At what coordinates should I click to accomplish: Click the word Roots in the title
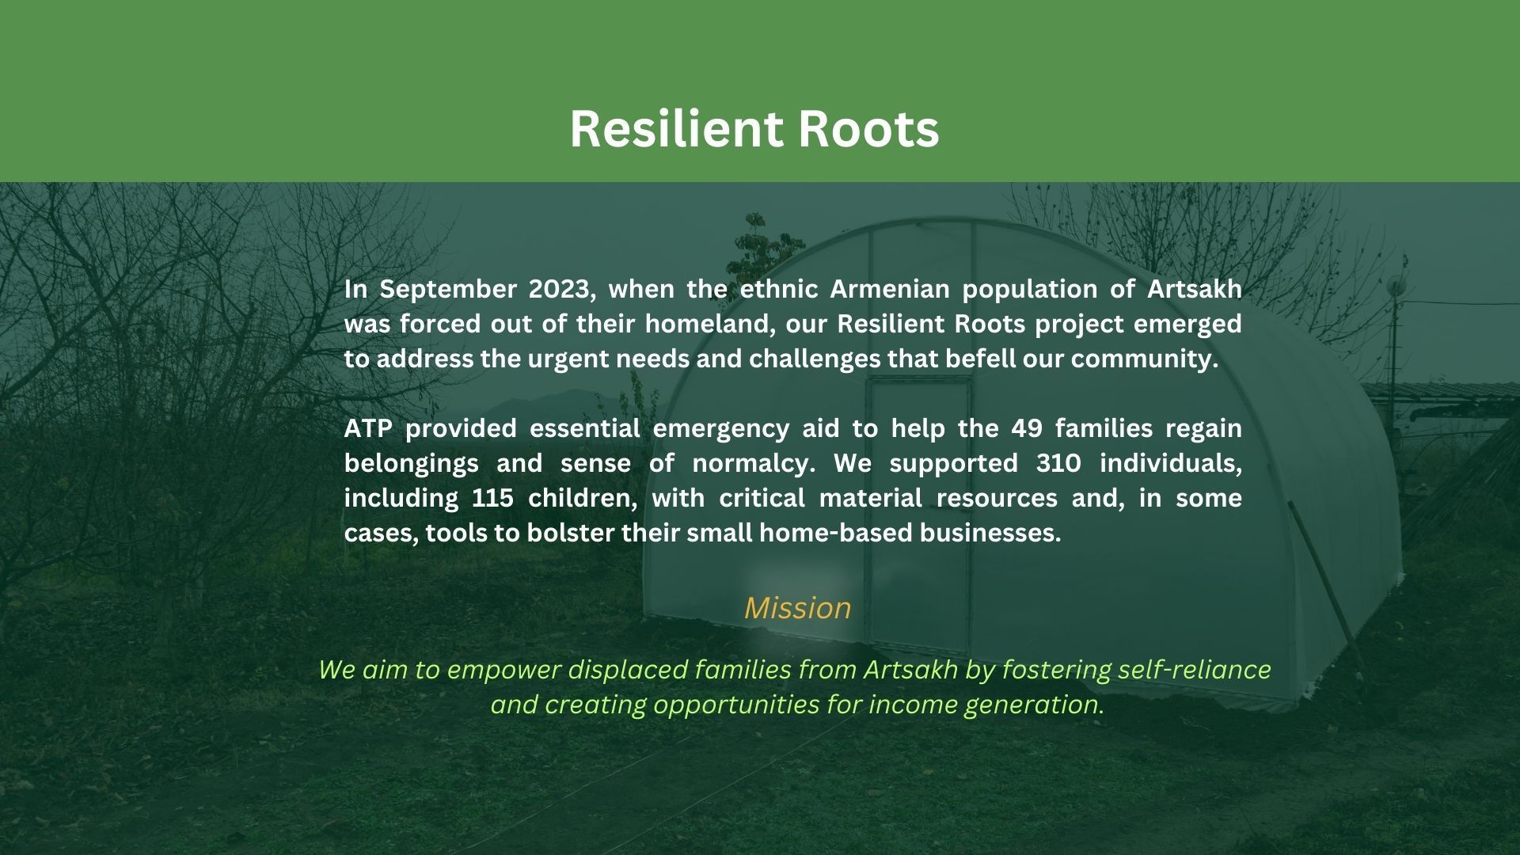coord(868,128)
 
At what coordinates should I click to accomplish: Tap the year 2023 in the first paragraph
coord(561,290)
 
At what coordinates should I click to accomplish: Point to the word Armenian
coord(889,289)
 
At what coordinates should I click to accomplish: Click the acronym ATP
coord(368,428)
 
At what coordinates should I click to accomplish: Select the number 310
coord(1058,463)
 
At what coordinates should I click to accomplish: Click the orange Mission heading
coord(798,607)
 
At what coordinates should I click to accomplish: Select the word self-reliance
coord(1195,669)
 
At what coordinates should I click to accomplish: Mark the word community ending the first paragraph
coord(1145,360)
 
